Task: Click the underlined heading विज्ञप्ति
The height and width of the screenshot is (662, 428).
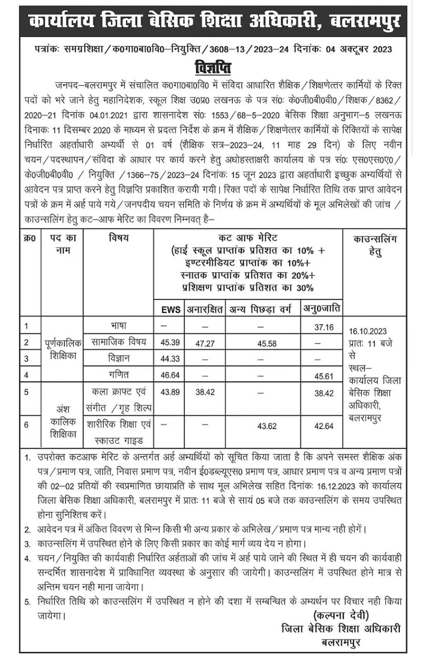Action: click(x=213, y=67)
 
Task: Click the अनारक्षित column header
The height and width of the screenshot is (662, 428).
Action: click(x=204, y=309)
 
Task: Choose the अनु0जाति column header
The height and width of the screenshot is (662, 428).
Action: click(x=322, y=308)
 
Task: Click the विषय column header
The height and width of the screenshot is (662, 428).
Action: click(x=118, y=238)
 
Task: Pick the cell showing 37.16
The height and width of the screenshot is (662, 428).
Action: click(x=324, y=327)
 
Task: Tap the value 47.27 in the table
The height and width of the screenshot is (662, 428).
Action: click(x=205, y=343)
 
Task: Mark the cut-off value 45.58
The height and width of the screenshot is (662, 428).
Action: click(x=267, y=343)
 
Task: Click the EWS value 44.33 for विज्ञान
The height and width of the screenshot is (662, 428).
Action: click(x=170, y=359)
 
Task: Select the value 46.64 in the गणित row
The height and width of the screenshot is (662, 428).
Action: click(x=170, y=375)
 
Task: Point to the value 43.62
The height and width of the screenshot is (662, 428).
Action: click(x=267, y=426)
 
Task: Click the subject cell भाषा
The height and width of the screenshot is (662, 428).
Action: click(x=118, y=326)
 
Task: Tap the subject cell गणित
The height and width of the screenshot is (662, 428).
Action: click(x=119, y=374)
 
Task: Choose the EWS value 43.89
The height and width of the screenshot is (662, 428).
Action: click(x=170, y=392)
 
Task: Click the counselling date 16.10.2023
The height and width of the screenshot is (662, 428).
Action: click(x=368, y=331)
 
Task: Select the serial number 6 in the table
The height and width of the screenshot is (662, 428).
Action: click(x=26, y=425)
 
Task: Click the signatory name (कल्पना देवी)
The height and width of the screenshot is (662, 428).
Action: click(x=341, y=615)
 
